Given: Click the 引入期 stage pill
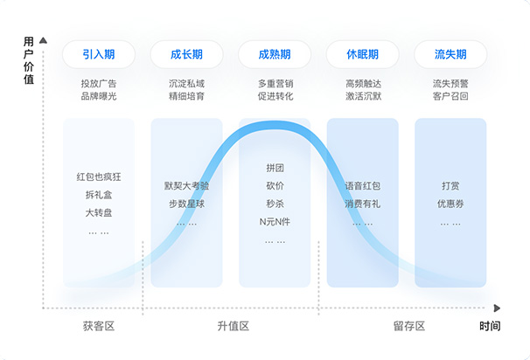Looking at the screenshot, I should (99, 54).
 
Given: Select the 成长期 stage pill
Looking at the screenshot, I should (187, 54).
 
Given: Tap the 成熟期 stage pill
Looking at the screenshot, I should (275, 54).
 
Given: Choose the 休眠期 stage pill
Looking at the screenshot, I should (362, 54).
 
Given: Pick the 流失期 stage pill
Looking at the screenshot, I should (450, 54).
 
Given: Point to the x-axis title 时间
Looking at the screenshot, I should (490, 326).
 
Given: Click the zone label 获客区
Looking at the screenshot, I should (99, 326).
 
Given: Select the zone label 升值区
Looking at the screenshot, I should (234, 326).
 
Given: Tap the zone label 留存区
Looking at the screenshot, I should (408, 326).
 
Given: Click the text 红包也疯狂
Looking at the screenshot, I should (99, 177).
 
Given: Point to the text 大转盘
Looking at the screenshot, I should (99, 212).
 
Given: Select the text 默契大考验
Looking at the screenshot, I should (187, 185).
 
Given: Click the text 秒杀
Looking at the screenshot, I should (275, 203).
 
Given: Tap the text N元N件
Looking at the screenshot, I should (275, 221).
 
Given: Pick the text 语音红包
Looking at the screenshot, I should (362, 185).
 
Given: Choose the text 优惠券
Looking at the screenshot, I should (450, 203).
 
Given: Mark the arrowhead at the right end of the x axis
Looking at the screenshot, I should (497, 308).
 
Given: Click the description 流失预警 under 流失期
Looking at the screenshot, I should (450, 84).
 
